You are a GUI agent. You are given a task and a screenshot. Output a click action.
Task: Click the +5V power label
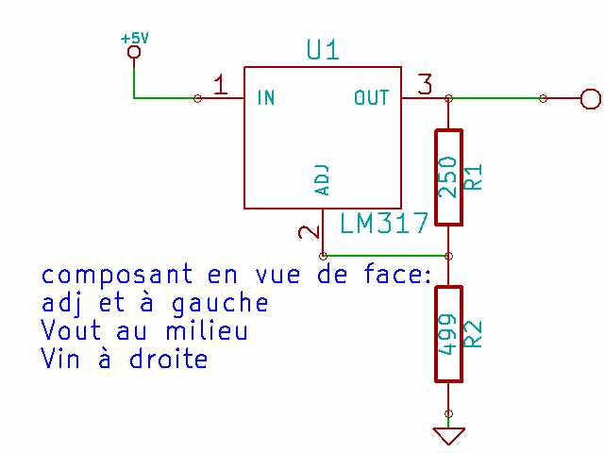point(135,38)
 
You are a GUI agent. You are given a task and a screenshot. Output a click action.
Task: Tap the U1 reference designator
point(323,50)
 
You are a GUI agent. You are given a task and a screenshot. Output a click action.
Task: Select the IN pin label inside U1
point(266,97)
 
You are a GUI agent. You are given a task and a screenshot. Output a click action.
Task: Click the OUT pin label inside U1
point(371,97)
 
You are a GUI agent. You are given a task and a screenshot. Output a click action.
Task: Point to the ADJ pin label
point(322,178)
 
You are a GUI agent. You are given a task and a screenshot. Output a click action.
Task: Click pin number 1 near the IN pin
point(219,86)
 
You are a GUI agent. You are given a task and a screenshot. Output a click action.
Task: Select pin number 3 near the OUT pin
point(424,85)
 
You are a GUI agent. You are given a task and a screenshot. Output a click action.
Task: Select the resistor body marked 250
point(448,176)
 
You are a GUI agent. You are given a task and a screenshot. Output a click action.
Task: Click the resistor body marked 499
point(448,334)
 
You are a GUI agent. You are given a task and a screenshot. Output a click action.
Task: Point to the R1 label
point(475,176)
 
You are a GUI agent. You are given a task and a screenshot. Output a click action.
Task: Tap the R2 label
point(475,334)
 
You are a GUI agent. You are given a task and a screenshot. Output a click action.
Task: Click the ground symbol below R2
point(448,435)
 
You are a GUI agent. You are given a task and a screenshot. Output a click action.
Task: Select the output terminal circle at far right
point(590,98)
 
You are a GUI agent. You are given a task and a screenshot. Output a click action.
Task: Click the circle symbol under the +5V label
point(134,53)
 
